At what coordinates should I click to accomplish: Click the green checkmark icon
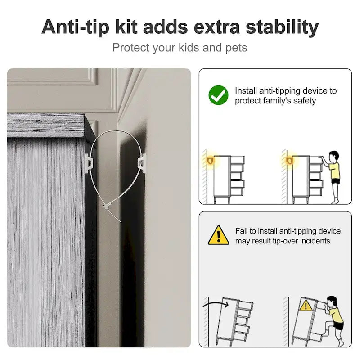(218, 95)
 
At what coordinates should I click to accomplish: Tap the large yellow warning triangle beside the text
(218, 236)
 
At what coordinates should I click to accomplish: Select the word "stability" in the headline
(282, 27)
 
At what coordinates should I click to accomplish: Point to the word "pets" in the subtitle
(236, 48)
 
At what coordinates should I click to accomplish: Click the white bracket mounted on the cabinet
(89, 163)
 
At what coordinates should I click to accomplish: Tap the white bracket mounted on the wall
(142, 163)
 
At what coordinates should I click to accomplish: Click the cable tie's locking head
(106, 207)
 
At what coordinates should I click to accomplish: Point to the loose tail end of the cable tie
(121, 222)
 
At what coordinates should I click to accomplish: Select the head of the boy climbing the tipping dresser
(332, 302)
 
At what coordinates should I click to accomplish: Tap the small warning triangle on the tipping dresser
(306, 306)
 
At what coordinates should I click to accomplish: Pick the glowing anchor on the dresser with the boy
(289, 161)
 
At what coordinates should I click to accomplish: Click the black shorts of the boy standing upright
(335, 181)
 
